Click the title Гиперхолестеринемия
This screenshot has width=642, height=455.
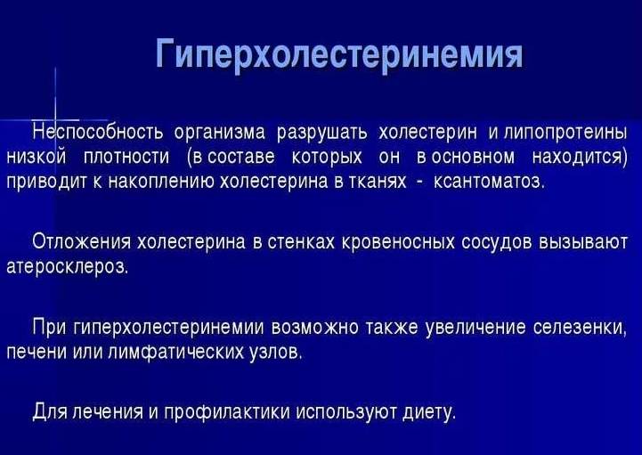click(338, 55)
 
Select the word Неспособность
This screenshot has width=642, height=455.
click(98, 134)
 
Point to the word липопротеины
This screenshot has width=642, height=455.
click(565, 134)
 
